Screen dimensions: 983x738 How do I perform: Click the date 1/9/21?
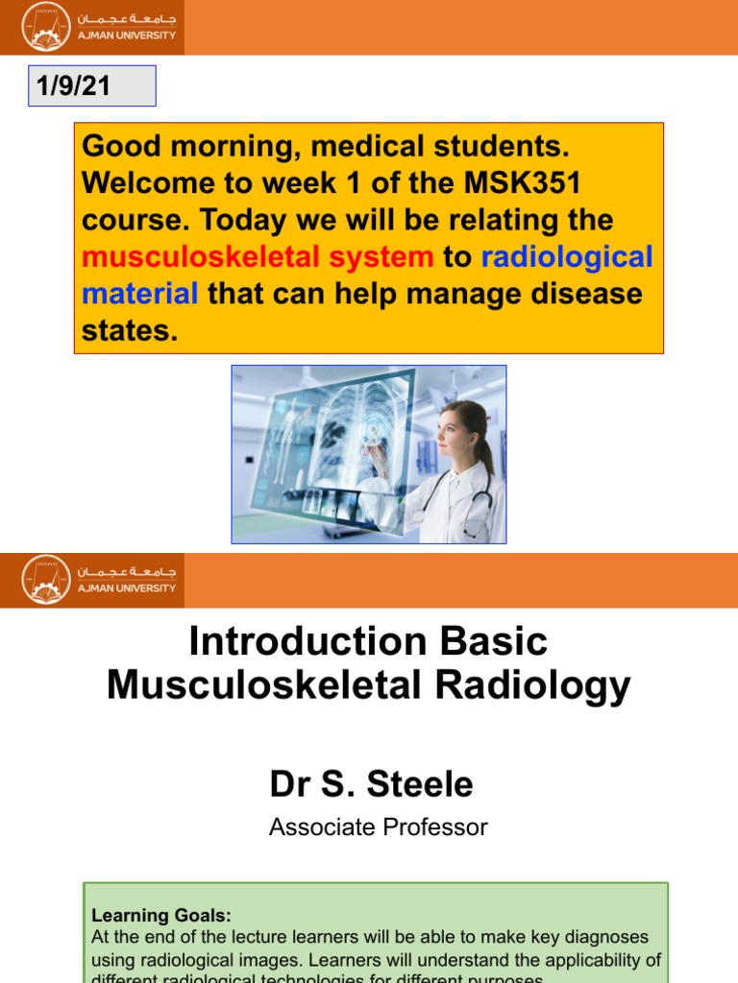click(73, 86)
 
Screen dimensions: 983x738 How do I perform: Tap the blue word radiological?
click(566, 256)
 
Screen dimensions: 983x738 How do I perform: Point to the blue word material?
click(140, 293)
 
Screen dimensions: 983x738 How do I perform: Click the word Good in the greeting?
click(119, 147)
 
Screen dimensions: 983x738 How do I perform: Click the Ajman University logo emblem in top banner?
click(46, 27)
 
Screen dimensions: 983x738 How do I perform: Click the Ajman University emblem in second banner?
click(46, 579)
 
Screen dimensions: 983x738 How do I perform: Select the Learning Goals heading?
click(161, 916)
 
